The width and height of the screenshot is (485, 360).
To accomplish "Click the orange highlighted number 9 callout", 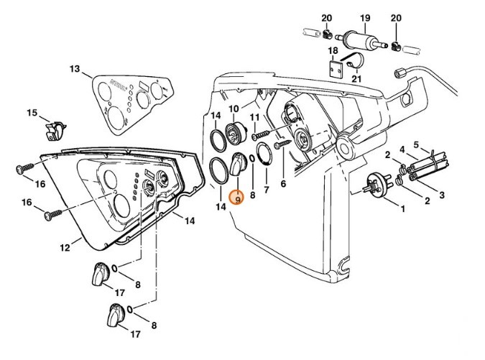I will pyautogui.click(x=236, y=197).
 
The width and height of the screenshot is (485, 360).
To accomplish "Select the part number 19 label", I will pyautogui.click(x=365, y=18).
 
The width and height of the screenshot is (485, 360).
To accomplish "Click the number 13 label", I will pyautogui.click(x=75, y=69).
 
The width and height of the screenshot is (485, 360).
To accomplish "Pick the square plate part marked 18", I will pyautogui.click(x=334, y=70).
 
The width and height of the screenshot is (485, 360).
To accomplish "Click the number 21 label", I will pyautogui.click(x=356, y=78).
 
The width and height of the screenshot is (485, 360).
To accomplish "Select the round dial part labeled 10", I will pyautogui.click(x=236, y=133).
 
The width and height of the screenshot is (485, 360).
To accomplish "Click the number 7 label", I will pyautogui.click(x=267, y=190).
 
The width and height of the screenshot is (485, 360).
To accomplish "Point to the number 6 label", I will pyautogui.click(x=283, y=184).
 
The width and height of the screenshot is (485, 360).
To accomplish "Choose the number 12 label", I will pyautogui.click(x=65, y=248).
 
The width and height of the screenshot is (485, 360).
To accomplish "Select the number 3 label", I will pyautogui.click(x=442, y=195).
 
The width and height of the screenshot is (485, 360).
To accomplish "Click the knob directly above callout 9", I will pyautogui.click(x=237, y=166).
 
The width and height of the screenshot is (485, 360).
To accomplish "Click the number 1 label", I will pyautogui.click(x=402, y=209).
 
